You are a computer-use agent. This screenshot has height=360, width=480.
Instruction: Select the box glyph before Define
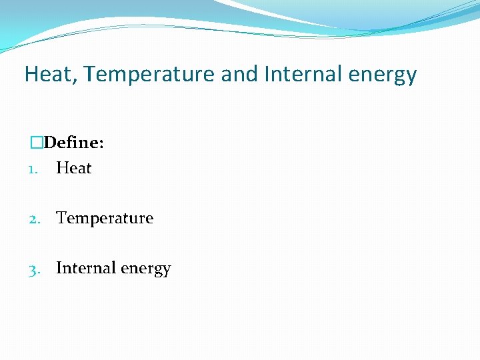pos(37,143)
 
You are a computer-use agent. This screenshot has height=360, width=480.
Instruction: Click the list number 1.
pos(31,169)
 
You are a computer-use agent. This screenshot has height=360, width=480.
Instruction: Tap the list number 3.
pos(33,269)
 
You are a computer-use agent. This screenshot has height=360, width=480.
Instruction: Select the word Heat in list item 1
pos(73,168)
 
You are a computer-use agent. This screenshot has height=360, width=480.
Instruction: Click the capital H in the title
pos(31,74)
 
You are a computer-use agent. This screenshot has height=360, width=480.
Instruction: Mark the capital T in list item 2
pos(61,218)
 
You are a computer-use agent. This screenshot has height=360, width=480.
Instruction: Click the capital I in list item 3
pos(59,268)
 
